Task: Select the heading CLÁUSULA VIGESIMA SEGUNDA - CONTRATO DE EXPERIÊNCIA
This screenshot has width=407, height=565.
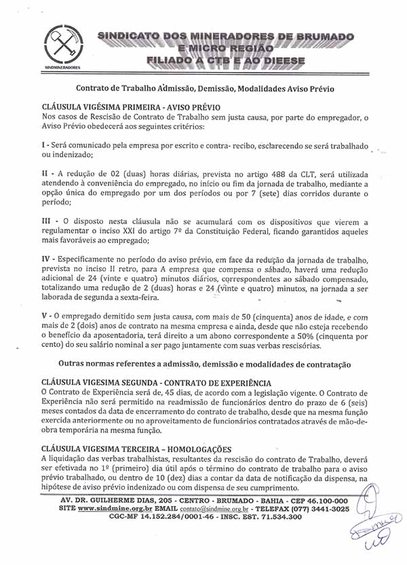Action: click(x=156, y=383)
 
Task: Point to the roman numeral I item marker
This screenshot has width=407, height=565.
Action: click(x=43, y=147)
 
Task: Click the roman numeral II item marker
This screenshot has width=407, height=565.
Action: click(x=45, y=174)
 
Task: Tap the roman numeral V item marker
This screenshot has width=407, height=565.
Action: click(x=45, y=316)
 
